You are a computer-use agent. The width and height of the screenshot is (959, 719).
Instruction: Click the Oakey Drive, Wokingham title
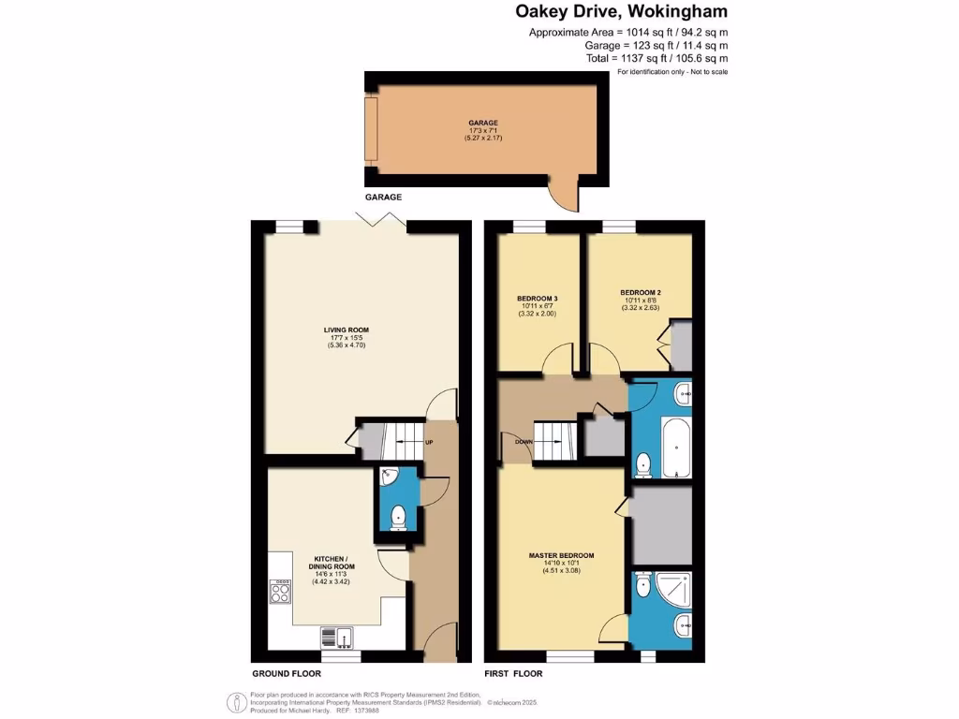click(621, 12)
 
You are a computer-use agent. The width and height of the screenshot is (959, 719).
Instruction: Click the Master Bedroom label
click(561, 555)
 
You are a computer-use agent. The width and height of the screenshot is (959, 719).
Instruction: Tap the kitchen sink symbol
click(335, 637)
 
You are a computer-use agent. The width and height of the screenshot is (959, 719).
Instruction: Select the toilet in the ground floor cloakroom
click(398, 514)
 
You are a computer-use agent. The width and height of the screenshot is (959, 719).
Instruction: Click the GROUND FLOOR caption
click(287, 673)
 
